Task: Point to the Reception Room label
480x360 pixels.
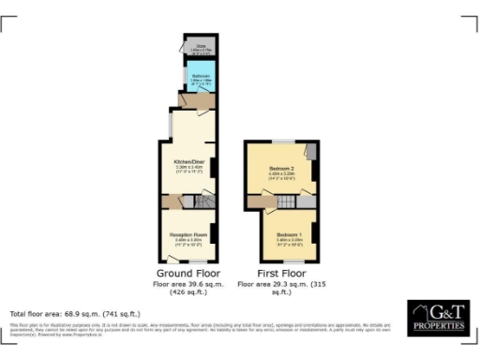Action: (188, 234)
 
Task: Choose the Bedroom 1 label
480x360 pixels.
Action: (290, 232)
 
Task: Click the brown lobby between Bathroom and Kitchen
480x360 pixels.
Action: (200, 99)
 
